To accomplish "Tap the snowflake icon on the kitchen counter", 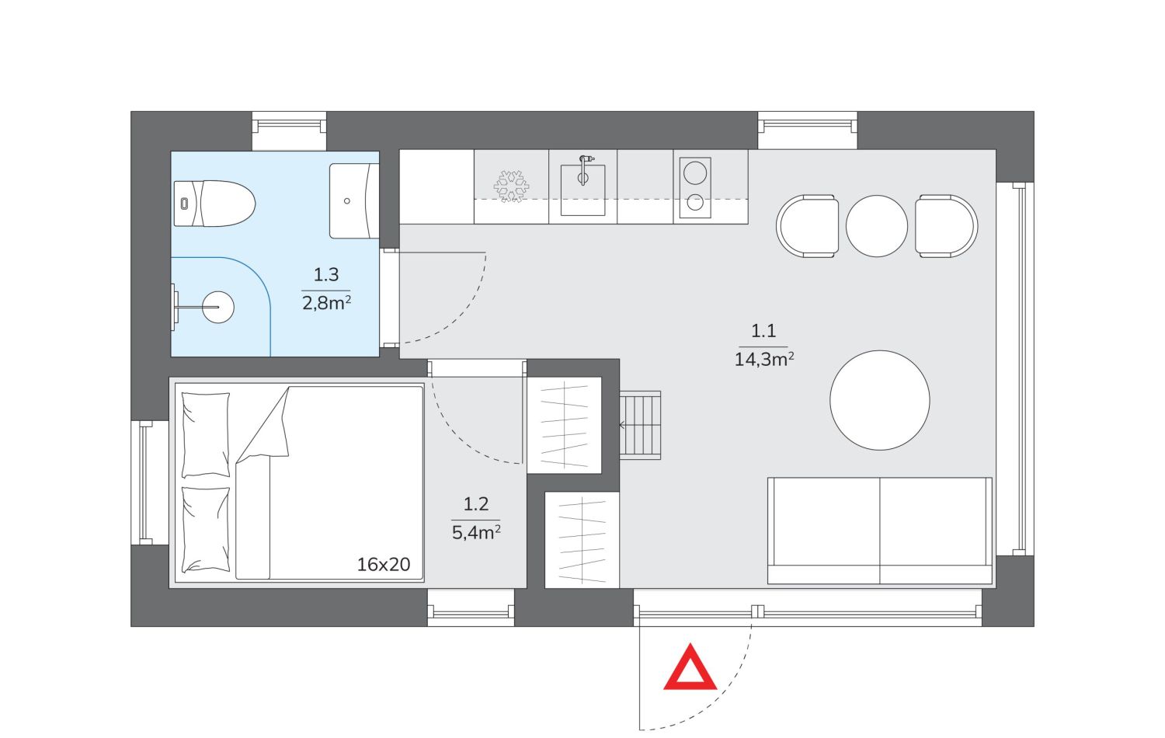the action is click(x=511, y=186).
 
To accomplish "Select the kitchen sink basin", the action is click(x=582, y=190).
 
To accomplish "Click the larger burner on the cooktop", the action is click(x=695, y=172).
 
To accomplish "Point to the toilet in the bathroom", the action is click(x=214, y=204).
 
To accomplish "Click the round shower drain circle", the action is click(x=218, y=307).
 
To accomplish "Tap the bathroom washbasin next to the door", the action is click(x=354, y=200).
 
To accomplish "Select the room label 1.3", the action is click(x=326, y=274).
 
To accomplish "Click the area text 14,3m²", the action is click(x=764, y=360).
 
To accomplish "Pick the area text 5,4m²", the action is click(x=476, y=533).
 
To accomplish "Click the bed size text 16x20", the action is click(x=384, y=564).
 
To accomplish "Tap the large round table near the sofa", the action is click(x=879, y=400).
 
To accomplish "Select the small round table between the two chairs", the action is click(x=876, y=226).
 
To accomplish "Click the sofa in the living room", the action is click(x=879, y=531).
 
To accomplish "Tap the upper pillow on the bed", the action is click(x=206, y=435).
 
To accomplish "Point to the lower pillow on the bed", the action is click(x=206, y=530).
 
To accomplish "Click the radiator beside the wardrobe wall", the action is click(x=640, y=426).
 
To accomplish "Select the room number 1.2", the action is click(x=476, y=504).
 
